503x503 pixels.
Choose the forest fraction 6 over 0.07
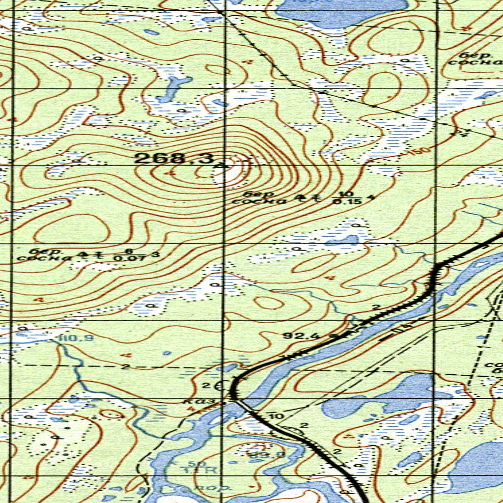click(x=128, y=254)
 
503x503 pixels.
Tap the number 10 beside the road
click(x=277, y=417)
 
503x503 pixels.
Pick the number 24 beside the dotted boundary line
click(x=461, y=133)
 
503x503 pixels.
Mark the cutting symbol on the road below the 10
click(x=290, y=431)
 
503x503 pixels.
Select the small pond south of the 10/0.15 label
click(x=341, y=241)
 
